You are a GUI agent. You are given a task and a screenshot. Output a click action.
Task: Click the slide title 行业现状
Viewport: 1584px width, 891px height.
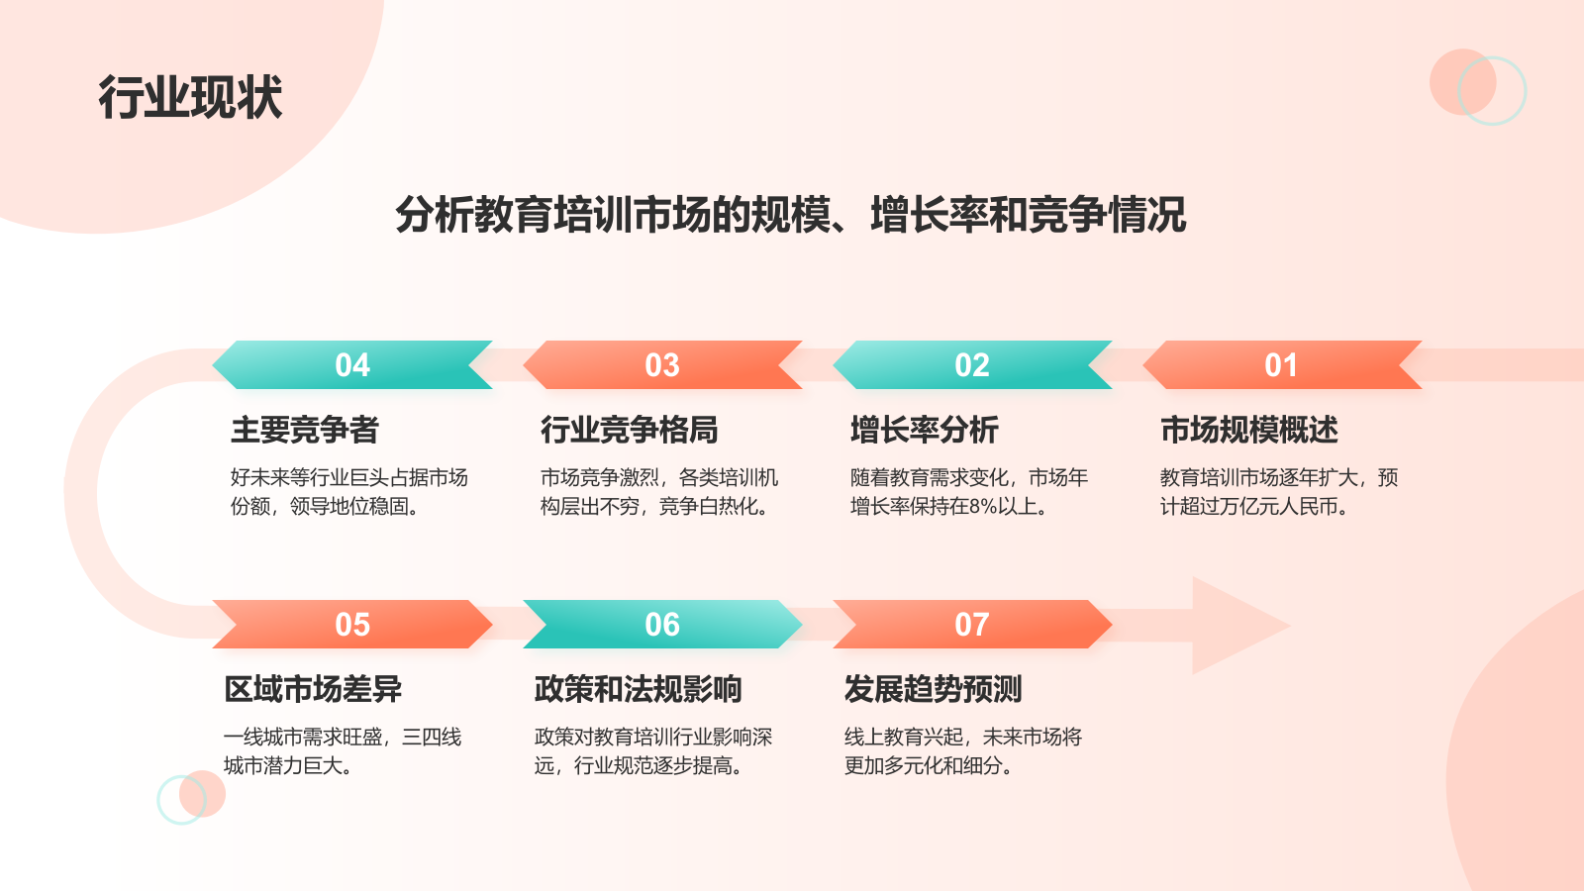(x=190, y=97)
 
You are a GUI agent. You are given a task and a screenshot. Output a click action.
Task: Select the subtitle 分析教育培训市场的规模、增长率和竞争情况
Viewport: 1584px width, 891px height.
(x=790, y=214)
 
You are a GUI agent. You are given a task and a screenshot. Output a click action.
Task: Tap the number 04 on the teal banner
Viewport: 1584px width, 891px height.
(x=352, y=365)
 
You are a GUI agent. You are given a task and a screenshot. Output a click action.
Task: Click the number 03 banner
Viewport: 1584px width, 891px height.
(x=662, y=365)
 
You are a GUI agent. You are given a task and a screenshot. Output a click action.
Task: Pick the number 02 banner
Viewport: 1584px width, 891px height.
(x=972, y=365)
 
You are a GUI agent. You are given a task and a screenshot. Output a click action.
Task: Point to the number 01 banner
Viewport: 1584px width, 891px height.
(x=1281, y=365)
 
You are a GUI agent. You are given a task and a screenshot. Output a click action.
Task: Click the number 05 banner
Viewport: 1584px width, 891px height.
(x=352, y=625)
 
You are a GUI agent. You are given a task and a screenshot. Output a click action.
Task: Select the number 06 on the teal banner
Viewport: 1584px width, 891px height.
(x=662, y=625)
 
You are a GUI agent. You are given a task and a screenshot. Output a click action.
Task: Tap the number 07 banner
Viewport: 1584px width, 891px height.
(x=972, y=625)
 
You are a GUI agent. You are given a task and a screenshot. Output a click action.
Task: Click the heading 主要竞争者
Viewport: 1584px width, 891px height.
(x=305, y=430)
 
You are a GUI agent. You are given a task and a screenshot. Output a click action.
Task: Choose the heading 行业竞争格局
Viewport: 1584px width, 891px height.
(x=630, y=430)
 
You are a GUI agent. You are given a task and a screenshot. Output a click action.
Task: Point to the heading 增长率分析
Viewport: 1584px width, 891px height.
(x=925, y=430)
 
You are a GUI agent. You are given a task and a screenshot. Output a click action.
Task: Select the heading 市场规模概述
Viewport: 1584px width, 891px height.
(x=1249, y=430)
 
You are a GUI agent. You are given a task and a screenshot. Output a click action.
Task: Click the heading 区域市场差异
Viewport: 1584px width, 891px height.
(x=313, y=689)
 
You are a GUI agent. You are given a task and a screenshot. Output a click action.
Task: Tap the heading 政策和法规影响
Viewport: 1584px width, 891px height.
(x=638, y=689)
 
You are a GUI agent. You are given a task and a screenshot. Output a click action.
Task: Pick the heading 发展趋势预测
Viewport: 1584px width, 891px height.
(x=933, y=689)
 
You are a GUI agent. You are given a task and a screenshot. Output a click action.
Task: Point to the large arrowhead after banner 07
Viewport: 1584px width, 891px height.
(x=1237, y=626)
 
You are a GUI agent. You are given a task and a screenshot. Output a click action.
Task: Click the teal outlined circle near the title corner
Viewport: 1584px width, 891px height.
(x=1493, y=91)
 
